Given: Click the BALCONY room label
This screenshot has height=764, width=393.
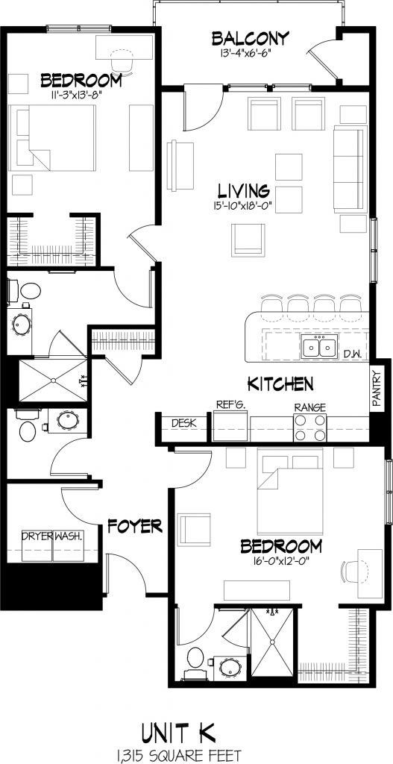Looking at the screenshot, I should [x=239, y=38].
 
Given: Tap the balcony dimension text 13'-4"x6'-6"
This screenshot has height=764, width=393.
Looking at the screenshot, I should [x=239, y=53].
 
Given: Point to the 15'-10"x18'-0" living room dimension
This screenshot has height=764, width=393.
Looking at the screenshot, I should [x=244, y=206].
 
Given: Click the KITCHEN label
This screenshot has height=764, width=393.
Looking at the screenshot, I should [x=280, y=384].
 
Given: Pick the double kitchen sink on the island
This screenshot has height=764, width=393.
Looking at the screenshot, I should [x=318, y=347].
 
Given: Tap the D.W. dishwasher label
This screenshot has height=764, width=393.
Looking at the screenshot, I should [x=350, y=354].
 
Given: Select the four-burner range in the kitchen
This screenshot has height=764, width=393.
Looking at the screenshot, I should [x=309, y=428].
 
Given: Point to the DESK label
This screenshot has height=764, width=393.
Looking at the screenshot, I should [x=183, y=423].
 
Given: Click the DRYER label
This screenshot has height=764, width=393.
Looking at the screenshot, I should [x=37, y=536].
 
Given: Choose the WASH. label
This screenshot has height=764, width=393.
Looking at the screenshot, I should [x=68, y=536].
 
